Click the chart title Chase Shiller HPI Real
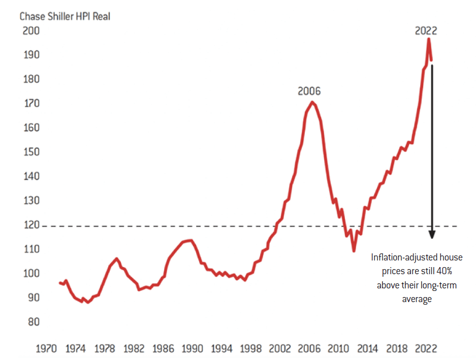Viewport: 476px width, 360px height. click(65, 16)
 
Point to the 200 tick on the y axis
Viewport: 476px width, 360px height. click(31, 31)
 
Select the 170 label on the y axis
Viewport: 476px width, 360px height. click(31, 104)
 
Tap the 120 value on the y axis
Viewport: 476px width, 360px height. click(31, 225)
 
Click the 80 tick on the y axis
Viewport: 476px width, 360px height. click(33, 322)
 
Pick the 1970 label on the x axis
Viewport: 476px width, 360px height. click(45, 349)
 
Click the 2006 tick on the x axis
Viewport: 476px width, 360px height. click(308, 349)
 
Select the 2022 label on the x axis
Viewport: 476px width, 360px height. click(425, 349)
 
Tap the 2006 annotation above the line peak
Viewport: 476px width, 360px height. click(309, 91)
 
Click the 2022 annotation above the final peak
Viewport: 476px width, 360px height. click(426, 30)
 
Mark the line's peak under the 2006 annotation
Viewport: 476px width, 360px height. click(312, 103)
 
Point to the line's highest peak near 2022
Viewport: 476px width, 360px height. click(429, 39)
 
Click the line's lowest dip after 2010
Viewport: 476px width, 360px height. click(354, 250)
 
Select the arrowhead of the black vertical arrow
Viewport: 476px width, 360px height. click(432, 234)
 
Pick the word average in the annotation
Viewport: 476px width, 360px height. click(417, 299)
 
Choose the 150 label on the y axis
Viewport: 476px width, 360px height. click(31, 152)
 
